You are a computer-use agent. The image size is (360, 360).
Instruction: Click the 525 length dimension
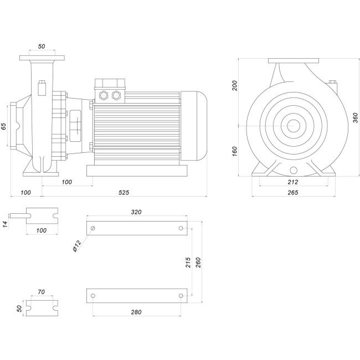coord(124,192)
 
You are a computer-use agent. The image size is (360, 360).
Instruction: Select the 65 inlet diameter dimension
coord(4,126)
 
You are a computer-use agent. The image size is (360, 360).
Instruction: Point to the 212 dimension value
coord(293,182)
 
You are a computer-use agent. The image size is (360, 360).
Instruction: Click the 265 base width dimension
coord(293,192)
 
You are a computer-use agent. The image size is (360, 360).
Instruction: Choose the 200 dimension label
coord(235,85)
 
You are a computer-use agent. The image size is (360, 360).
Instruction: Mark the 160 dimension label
coord(235,151)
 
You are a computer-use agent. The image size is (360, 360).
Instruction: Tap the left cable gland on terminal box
coord(103,95)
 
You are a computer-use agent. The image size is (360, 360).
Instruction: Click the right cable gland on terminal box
coord(116,95)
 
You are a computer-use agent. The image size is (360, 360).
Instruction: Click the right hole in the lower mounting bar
coord(181,295)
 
